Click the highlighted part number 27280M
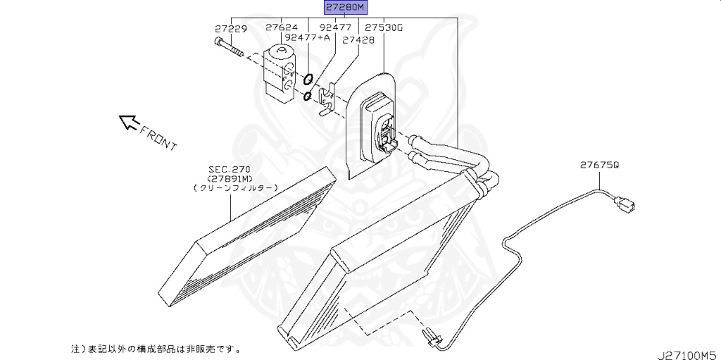click(x=346, y=8)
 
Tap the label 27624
click(x=281, y=27)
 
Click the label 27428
click(x=358, y=40)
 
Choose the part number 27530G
click(x=383, y=27)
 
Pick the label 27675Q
click(x=599, y=165)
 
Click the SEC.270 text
click(x=229, y=169)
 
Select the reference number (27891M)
click(x=230, y=178)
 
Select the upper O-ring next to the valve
click(x=308, y=79)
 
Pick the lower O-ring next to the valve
click(x=307, y=95)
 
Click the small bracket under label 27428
click(x=325, y=101)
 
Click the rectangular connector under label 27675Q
click(x=625, y=205)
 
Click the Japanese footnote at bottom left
click(x=155, y=348)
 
